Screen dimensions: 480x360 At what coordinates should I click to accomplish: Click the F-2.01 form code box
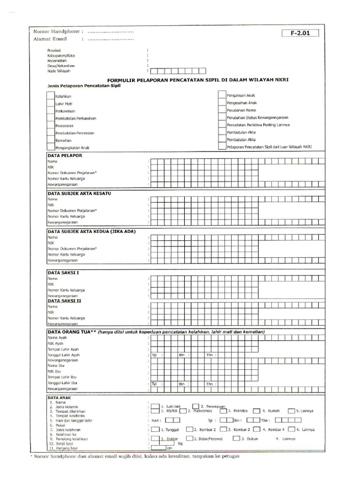pyautogui.click(x=300, y=33)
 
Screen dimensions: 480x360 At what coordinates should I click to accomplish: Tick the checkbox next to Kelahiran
pyautogui.click(x=51, y=96)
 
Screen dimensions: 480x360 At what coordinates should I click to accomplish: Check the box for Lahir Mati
pyautogui.click(x=51, y=103)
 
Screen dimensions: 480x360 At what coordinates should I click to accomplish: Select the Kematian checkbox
pyautogui.click(x=51, y=140)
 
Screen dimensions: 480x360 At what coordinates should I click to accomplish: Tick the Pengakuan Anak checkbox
pyautogui.click(x=222, y=95)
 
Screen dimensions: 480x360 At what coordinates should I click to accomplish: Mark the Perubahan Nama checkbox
pyautogui.click(x=222, y=110)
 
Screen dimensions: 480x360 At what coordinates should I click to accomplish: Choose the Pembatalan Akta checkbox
pyautogui.click(x=222, y=139)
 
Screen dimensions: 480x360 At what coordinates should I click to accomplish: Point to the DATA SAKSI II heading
pyautogui.click(x=65, y=301)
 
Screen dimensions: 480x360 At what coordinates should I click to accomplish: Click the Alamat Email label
pyautogui.click(x=50, y=39)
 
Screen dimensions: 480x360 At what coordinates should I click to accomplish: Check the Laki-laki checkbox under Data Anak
pyautogui.click(x=155, y=406)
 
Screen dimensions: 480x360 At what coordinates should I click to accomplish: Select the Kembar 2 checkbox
pyautogui.click(x=189, y=429)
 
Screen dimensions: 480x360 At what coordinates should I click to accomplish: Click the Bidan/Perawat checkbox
pyautogui.click(x=189, y=438)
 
